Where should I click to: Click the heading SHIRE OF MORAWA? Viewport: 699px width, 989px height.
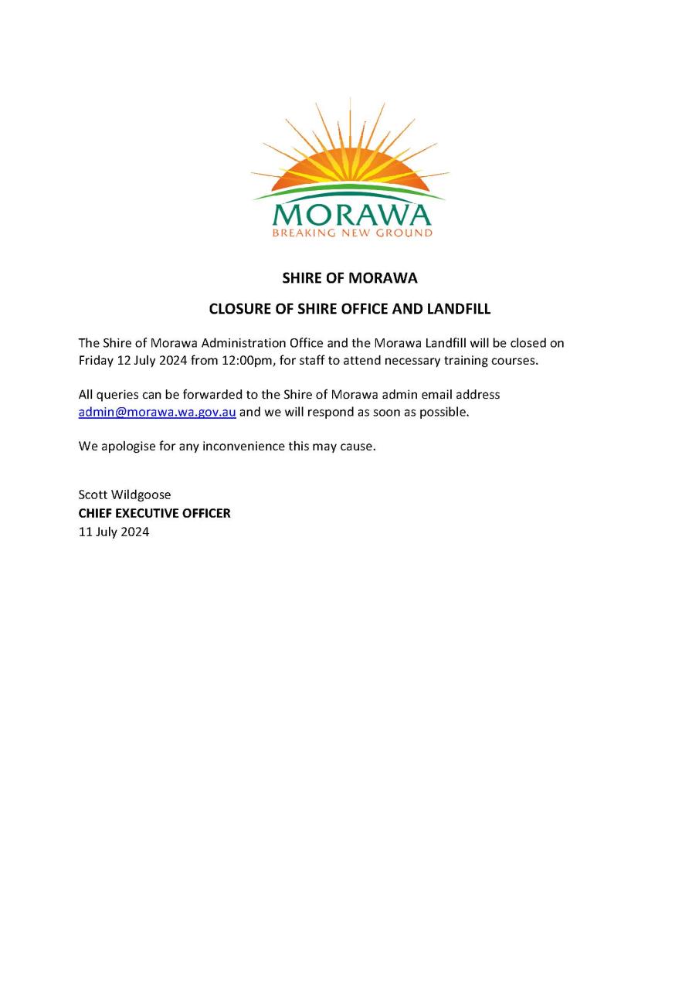[x=349, y=278]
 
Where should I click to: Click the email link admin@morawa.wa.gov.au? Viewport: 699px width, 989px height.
[x=157, y=413]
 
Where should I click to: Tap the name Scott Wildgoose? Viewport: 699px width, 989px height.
[x=124, y=494]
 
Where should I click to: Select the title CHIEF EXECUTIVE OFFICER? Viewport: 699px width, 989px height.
[x=154, y=513]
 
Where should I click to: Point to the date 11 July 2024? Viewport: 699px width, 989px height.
[x=114, y=532]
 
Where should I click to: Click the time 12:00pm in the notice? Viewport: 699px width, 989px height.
[x=244, y=361]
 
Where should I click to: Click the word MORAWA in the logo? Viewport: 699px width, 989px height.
[x=351, y=215]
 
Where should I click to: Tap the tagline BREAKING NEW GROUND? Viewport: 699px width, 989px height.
[x=351, y=233]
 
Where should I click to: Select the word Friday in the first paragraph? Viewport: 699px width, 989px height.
[x=96, y=361]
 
